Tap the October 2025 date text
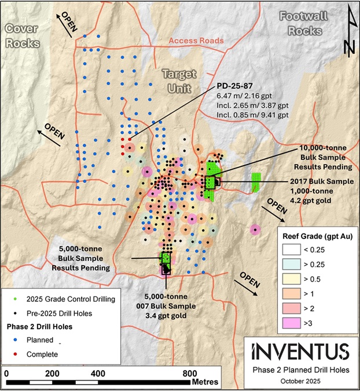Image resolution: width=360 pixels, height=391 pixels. [300, 381]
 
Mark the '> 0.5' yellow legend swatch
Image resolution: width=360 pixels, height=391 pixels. [294, 280]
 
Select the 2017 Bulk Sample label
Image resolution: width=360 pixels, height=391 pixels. [318, 181]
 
